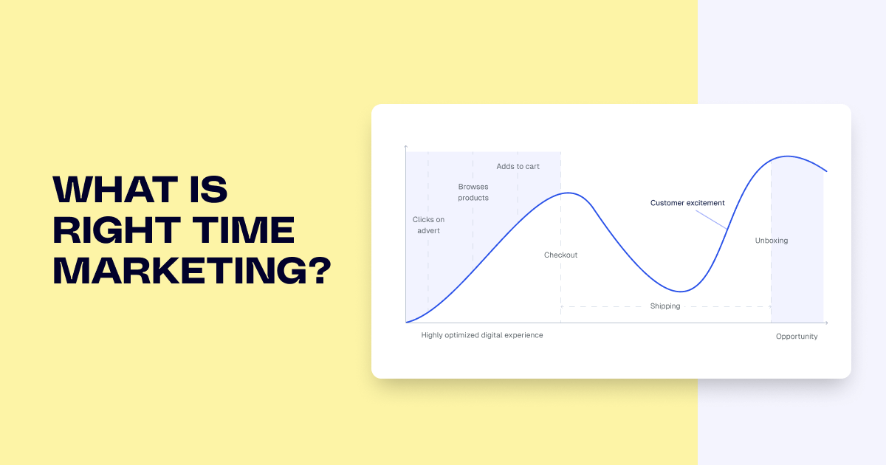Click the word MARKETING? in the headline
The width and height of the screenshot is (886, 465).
(190, 272)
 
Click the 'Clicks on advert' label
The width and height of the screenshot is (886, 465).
(428, 225)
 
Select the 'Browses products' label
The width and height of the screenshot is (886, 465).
(473, 192)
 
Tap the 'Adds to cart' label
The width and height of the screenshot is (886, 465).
(518, 167)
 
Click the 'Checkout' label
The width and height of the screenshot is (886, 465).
(561, 255)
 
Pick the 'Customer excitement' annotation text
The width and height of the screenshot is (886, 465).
(687, 203)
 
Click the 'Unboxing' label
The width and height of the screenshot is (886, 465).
(772, 241)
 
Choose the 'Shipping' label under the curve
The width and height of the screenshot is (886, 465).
(665, 306)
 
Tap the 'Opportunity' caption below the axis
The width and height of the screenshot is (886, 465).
(797, 337)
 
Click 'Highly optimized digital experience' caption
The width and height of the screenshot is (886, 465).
(482, 335)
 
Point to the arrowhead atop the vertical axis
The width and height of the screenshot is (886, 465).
(406, 148)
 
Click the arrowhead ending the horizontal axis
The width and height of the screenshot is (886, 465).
(826, 323)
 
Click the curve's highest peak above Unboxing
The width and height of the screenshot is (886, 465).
(788, 156)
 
